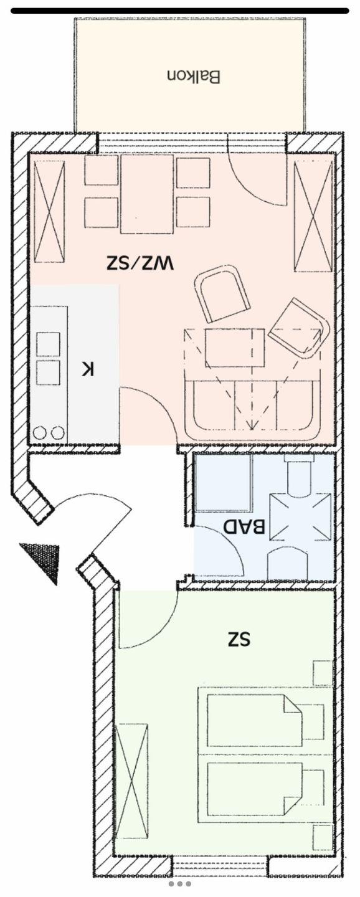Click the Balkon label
pos(194,77)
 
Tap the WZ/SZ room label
pos(140,262)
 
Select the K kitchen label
pos(88,368)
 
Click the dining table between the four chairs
pos(147,194)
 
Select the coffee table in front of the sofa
pos(235,348)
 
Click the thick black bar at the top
pos(180,11)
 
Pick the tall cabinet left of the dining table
pos(50,211)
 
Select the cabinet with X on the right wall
pos(313,216)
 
